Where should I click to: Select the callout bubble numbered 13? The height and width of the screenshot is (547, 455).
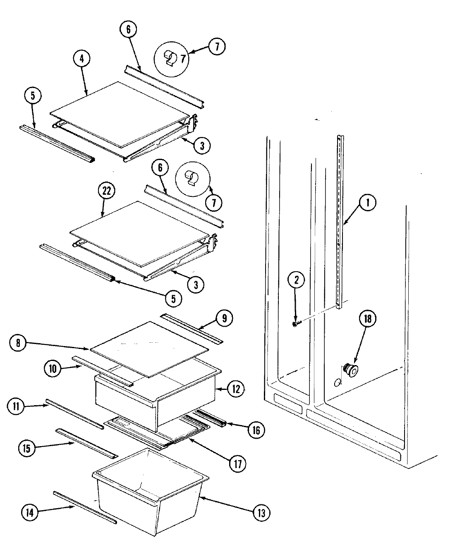tap(261, 513)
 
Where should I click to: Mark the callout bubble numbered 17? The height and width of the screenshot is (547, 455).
tap(237, 463)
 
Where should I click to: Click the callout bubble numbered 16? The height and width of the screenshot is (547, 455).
tap(255, 430)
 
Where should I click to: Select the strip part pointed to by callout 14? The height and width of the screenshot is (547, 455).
tap(85, 507)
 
